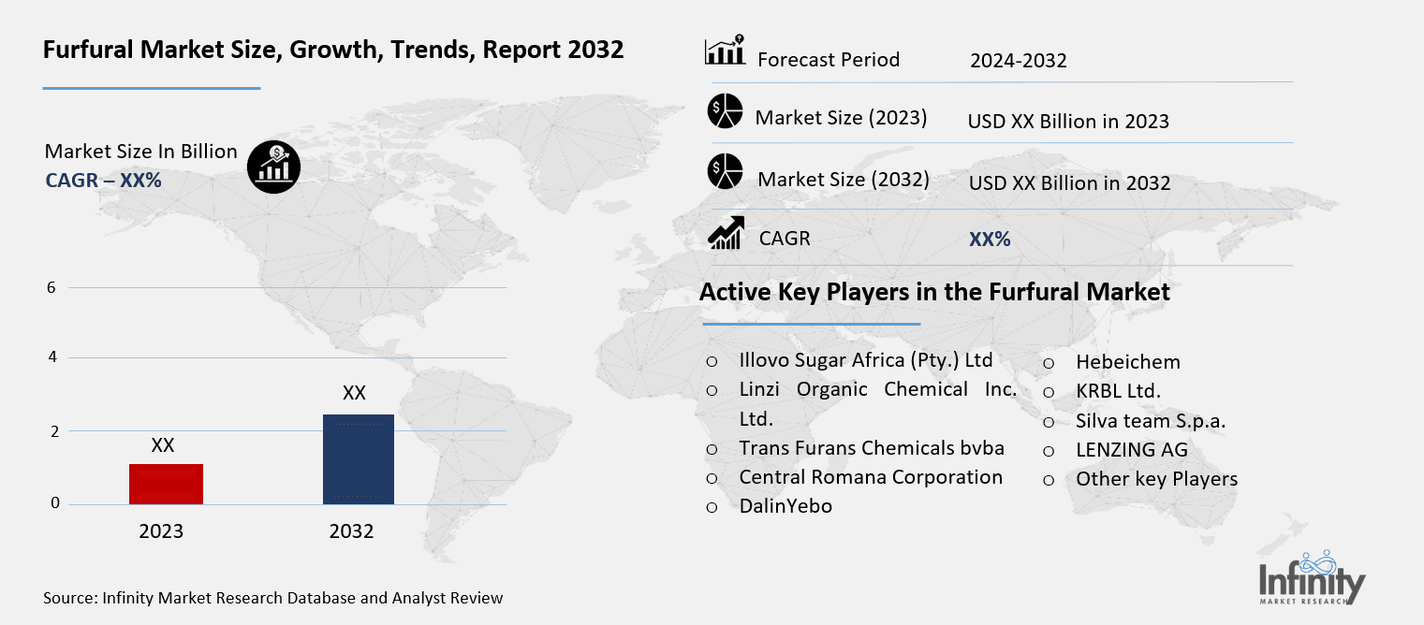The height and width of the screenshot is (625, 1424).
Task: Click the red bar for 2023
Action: pyautogui.click(x=166, y=484)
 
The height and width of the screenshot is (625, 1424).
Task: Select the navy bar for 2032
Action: pyautogui.click(x=358, y=458)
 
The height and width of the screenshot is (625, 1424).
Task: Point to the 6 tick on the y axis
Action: pyautogui.click(x=51, y=287)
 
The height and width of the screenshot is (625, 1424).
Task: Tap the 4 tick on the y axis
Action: pyautogui.click(x=51, y=357)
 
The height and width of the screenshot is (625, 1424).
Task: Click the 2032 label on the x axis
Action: pyautogui.click(x=351, y=531)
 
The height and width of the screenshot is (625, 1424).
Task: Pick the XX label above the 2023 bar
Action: pyautogui.click(x=163, y=445)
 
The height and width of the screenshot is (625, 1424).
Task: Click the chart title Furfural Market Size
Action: pyautogui.click(x=333, y=50)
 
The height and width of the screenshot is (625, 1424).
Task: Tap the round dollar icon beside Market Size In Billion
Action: pyautogui.click(x=273, y=167)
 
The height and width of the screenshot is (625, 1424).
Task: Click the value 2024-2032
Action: pyautogui.click(x=1018, y=62)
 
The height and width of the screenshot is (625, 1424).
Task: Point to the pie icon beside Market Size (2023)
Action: pyautogui.click(x=724, y=111)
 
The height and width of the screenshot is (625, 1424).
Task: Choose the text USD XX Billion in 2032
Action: pyautogui.click(x=1069, y=183)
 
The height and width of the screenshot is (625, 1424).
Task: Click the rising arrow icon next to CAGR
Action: pyautogui.click(x=726, y=233)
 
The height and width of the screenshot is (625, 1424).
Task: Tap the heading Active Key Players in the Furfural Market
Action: pyautogui.click(x=934, y=293)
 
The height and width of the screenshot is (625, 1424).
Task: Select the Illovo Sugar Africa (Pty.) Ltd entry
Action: pyautogui.click(x=865, y=360)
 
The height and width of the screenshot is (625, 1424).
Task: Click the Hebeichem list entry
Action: pyautogui.click(x=1127, y=362)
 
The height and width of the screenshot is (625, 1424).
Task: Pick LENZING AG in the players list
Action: pyautogui.click(x=1131, y=450)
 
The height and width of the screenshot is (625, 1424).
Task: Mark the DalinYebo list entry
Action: pyautogui.click(x=785, y=506)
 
